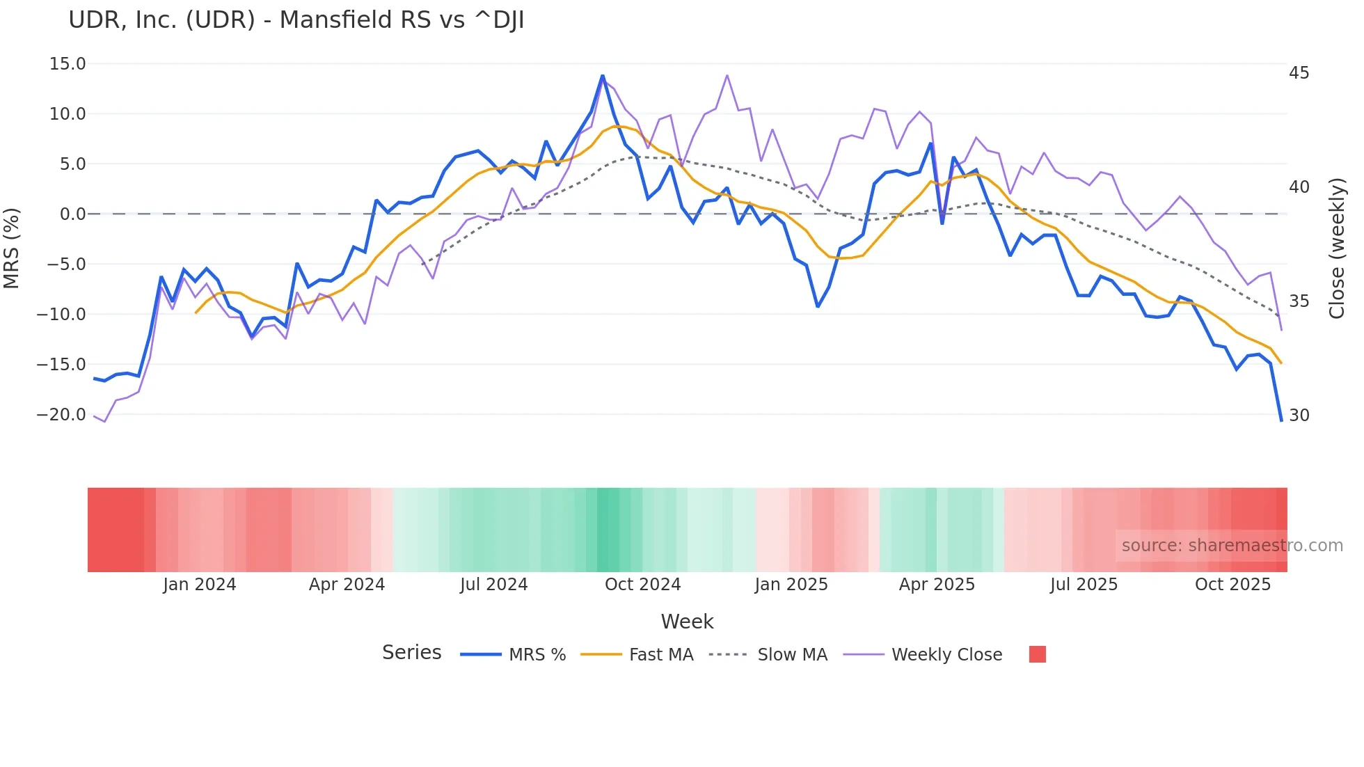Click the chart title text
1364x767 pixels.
click(x=296, y=20)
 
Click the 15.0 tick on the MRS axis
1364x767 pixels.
click(x=68, y=64)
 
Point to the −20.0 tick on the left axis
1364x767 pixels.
click(x=62, y=415)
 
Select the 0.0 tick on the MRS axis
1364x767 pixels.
click(x=72, y=214)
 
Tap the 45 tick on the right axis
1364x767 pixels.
click(x=1299, y=73)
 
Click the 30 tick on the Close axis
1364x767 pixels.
click(x=1299, y=416)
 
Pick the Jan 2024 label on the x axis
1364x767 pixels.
click(x=200, y=585)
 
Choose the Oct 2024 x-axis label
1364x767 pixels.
click(x=642, y=585)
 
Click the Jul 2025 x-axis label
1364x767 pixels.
click(x=1084, y=585)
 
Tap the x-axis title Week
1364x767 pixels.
click(x=687, y=622)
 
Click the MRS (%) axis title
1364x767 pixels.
click(x=12, y=248)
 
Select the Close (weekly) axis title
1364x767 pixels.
click(x=1337, y=248)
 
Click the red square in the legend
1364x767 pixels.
click(x=1037, y=654)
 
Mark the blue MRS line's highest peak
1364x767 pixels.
click(x=603, y=76)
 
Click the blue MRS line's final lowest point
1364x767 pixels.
click(x=1281, y=420)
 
